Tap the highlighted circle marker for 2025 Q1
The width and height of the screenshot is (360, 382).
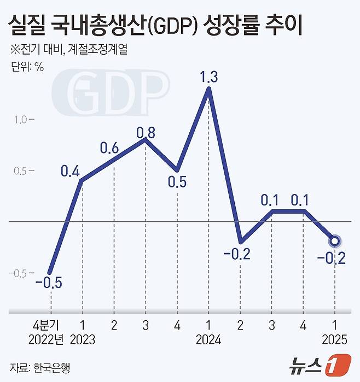point(334,240)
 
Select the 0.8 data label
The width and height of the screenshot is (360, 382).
point(145,133)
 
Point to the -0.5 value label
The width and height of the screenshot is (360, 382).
point(49,283)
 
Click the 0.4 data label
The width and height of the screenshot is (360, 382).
point(70,172)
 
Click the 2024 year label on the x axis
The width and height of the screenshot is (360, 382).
point(208,340)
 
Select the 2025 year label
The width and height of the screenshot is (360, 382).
point(334,340)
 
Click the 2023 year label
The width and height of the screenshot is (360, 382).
point(83,340)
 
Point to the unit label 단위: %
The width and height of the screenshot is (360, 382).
point(27,68)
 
